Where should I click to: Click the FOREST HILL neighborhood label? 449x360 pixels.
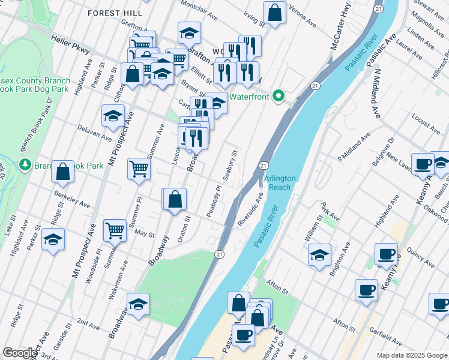(x=115, y=13)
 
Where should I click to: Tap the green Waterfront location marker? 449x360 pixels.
(x=278, y=96)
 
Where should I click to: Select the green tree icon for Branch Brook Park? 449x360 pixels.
(x=25, y=164)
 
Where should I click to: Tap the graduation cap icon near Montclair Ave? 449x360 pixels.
(x=189, y=32)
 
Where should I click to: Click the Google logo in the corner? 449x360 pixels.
(x=20, y=353)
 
